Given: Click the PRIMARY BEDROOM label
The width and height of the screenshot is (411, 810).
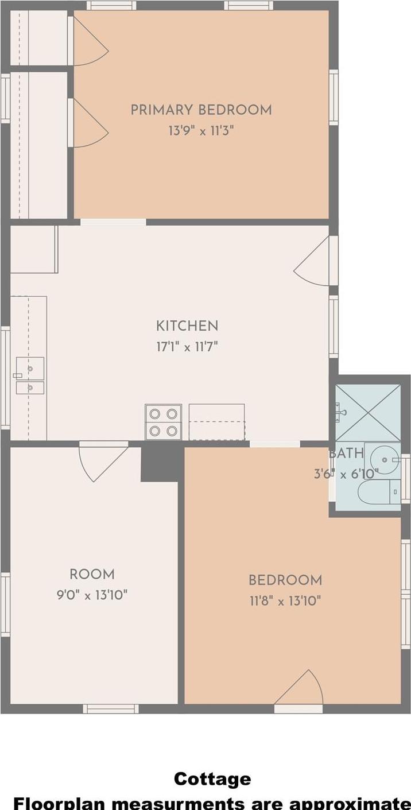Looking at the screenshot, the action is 201,110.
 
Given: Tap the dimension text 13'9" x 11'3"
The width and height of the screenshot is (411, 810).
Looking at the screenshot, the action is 201,130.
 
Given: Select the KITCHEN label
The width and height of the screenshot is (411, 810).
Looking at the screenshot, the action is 187,326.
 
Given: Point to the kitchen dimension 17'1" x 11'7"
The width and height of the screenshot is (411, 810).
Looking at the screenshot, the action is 187,347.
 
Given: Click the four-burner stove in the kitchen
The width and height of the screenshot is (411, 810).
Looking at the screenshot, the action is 164,422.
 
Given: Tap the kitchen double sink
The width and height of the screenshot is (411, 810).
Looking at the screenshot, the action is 30,375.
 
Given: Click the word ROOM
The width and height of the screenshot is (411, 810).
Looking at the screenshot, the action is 92,574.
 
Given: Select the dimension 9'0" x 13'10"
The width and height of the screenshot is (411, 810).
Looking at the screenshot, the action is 92,595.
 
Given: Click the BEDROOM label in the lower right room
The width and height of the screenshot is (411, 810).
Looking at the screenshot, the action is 285,580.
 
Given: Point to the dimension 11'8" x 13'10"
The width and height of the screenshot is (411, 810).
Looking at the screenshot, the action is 285,601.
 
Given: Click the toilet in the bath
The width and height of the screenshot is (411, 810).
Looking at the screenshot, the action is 379,492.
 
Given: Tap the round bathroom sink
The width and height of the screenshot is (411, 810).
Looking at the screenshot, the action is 383,460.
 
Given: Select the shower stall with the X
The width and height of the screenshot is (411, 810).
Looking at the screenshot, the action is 368,413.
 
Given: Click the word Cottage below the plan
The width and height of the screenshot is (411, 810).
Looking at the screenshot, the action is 212,779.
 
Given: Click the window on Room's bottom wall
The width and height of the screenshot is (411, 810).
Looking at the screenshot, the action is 111,709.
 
